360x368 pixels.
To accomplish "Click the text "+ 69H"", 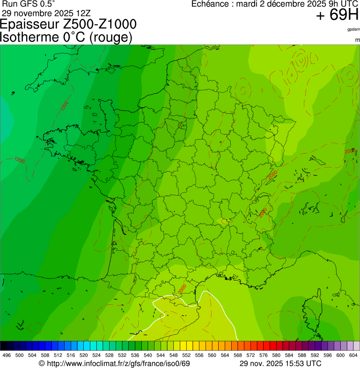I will click(337, 15).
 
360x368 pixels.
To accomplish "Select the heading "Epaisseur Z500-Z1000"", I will click(69, 24).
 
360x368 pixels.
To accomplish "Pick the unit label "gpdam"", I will click(353, 29).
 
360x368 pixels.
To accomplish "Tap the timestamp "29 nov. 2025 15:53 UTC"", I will click(280, 363).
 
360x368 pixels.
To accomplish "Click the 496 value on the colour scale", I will click(7, 355).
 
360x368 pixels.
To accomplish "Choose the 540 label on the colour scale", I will click(147, 355).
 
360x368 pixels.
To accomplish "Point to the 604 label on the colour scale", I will click(353, 355).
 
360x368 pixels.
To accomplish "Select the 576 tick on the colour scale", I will click(263, 355).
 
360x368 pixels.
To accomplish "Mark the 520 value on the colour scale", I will click(83, 355).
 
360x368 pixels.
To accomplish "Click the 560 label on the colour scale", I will click(212, 355).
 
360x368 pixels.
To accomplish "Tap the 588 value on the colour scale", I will click(301, 355).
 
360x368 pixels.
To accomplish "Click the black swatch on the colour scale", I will click(4, 346).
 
